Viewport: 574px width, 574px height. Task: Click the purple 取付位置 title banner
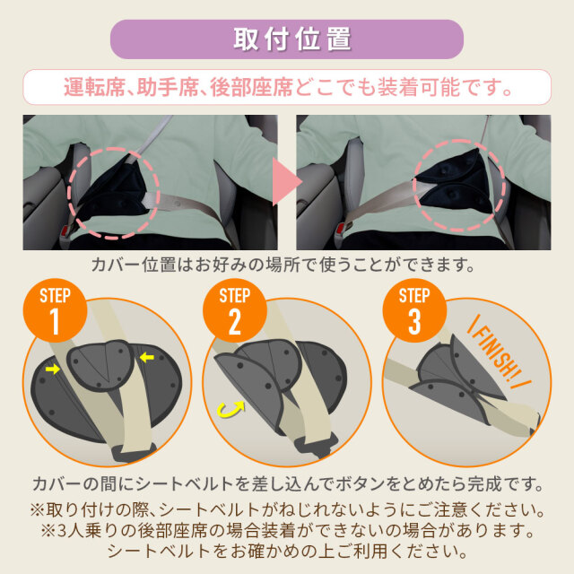287,39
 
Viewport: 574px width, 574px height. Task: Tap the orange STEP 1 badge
55,310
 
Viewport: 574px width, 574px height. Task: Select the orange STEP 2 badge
235,310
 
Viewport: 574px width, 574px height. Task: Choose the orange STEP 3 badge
414,310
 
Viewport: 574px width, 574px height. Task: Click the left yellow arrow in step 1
52,369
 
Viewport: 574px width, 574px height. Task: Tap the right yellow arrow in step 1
147,357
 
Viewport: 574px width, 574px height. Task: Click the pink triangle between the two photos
287,182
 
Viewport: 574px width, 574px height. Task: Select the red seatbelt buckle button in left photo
66,230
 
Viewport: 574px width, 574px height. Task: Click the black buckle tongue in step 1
134,452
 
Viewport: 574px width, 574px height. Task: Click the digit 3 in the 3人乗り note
63,531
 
